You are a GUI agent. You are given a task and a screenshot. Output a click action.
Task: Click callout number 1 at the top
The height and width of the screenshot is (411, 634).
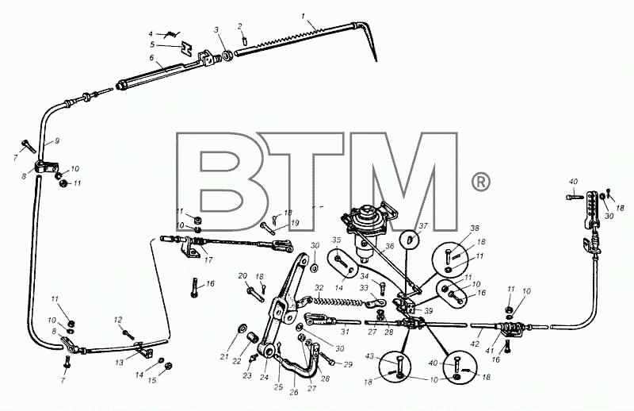[304, 16]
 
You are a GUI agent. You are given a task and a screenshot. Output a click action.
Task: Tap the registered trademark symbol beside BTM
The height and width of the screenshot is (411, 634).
[481, 182]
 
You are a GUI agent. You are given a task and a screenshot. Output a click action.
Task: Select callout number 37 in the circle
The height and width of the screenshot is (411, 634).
[423, 226]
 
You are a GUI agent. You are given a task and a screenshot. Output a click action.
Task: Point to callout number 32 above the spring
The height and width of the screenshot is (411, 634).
[319, 288]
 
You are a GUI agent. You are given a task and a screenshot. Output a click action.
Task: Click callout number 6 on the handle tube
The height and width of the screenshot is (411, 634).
[151, 58]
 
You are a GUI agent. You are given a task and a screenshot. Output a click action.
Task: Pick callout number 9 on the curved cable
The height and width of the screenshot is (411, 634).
[57, 141]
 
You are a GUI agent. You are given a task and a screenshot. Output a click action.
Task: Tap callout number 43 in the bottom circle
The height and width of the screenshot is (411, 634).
[369, 356]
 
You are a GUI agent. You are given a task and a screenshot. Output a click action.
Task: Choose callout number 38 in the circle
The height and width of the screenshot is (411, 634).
[474, 228]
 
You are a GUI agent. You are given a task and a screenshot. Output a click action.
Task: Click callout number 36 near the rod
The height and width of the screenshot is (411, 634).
[390, 246]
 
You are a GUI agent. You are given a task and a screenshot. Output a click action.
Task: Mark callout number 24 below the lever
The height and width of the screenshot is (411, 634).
[264, 378]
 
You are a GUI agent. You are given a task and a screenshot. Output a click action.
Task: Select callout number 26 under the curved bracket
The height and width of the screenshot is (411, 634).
[294, 392]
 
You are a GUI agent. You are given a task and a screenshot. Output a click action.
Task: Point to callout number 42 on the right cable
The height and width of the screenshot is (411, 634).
[475, 344]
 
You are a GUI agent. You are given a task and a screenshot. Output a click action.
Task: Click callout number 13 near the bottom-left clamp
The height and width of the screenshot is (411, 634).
[119, 363]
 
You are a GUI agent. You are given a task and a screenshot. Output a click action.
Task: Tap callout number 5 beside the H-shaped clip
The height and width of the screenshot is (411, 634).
[152, 44]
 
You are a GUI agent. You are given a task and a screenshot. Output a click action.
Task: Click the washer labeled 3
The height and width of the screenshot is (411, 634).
[227, 56]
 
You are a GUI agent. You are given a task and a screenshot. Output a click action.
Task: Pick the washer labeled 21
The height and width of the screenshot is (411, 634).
[243, 328]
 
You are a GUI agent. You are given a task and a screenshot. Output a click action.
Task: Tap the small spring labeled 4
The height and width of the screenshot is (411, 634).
[173, 35]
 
